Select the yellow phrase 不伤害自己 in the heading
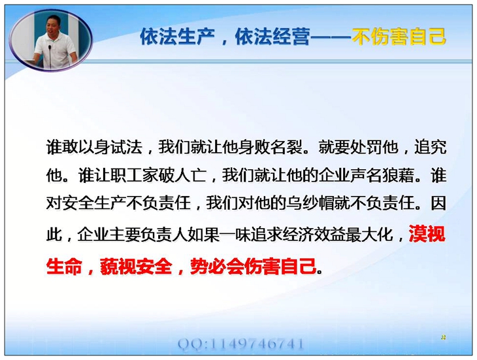pos(399,37)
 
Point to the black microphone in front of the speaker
pos(50,57)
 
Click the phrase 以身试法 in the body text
pos(110,147)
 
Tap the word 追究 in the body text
pos(430,147)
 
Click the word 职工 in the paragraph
pos(126,176)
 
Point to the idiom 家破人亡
pos(174,176)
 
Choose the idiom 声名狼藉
pos(382,176)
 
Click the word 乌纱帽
pos(310,203)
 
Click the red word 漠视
pos(427,234)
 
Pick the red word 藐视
pos(118,267)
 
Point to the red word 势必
pos(208,267)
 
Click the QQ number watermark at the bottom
pos(240,344)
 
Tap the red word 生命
pos(64,267)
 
